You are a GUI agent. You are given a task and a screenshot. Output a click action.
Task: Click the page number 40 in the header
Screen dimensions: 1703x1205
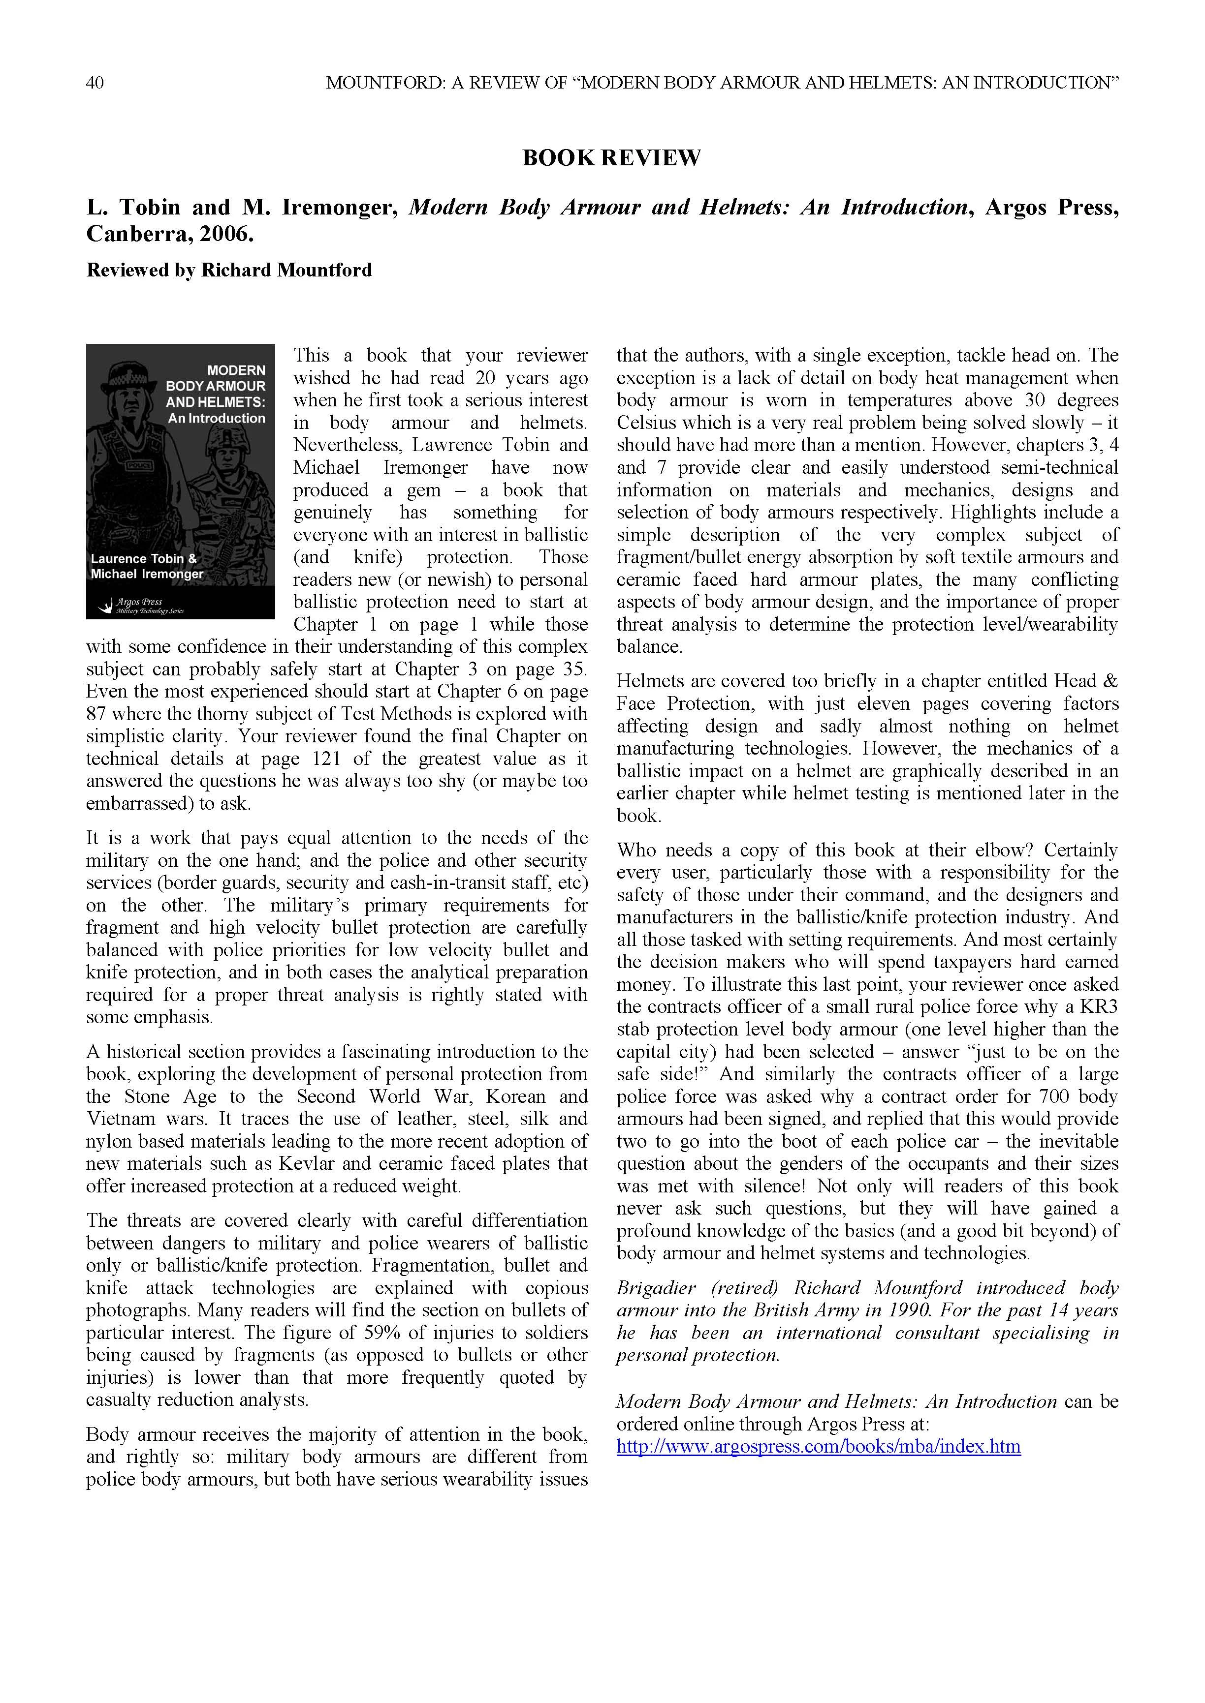pyautogui.click(x=95, y=83)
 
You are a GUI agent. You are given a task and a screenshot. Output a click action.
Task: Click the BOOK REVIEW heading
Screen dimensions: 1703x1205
pyautogui.click(x=611, y=158)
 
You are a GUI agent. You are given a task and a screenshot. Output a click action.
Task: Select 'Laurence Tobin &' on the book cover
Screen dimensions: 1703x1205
pyautogui.click(x=143, y=558)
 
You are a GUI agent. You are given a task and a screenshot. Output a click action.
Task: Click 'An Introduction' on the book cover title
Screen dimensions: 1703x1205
pyautogui.click(x=216, y=418)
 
